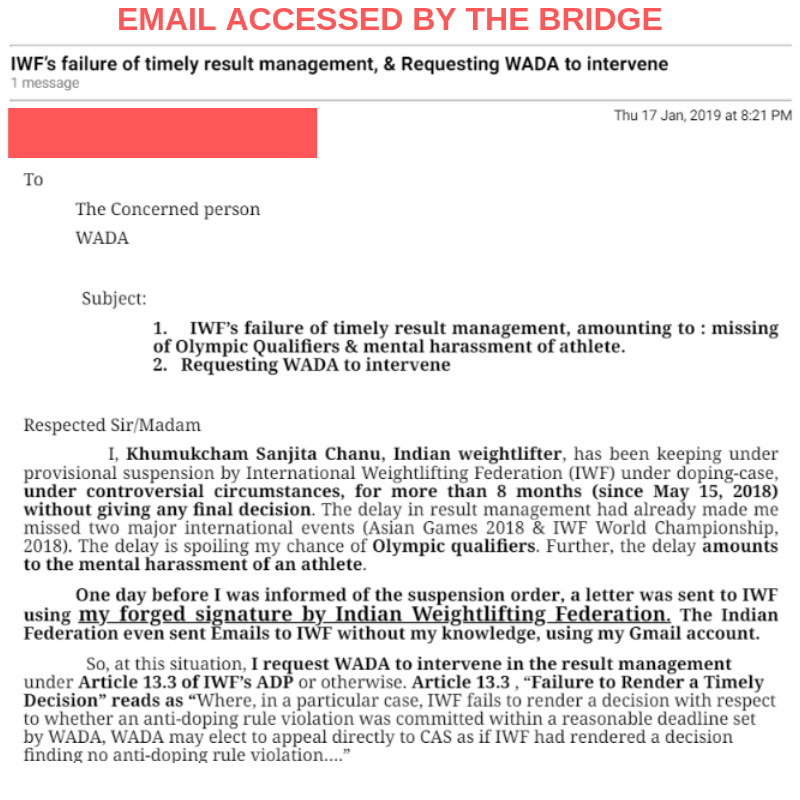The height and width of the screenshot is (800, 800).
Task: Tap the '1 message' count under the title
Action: [x=45, y=84]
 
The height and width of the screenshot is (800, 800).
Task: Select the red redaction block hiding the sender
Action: [x=162, y=133]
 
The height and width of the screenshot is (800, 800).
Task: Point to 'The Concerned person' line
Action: [x=168, y=210]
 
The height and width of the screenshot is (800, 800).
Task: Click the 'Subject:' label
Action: [x=114, y=298]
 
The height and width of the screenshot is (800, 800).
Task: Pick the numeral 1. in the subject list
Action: [x=160, y=329]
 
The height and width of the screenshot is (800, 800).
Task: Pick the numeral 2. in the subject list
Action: [x=160, y=365]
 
